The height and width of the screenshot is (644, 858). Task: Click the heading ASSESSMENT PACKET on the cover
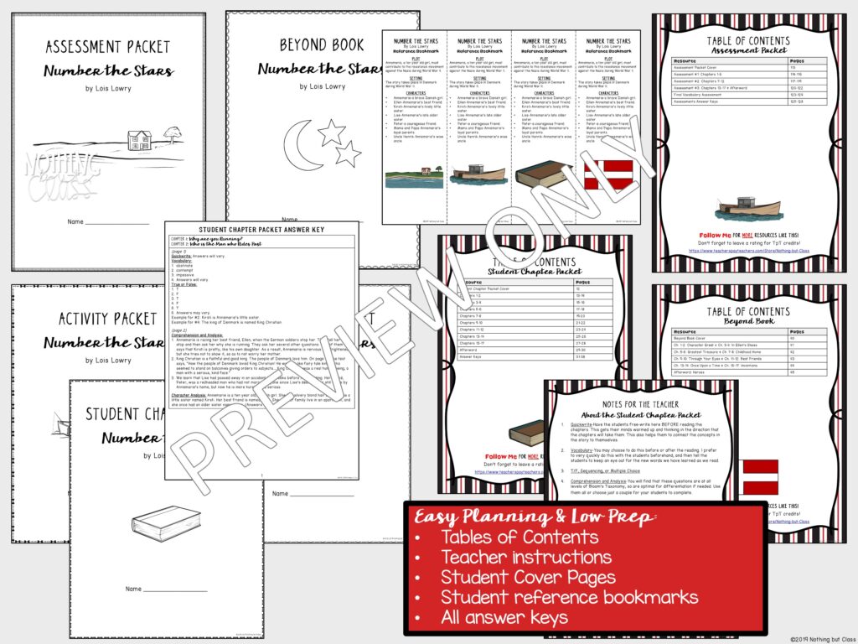[107, 46]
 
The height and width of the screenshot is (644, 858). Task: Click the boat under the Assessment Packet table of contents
[749, 206]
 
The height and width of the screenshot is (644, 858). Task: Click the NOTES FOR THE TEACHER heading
[643, 397]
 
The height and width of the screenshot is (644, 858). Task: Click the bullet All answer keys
[504, 618]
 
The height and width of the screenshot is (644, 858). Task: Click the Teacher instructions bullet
[526, 558]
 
